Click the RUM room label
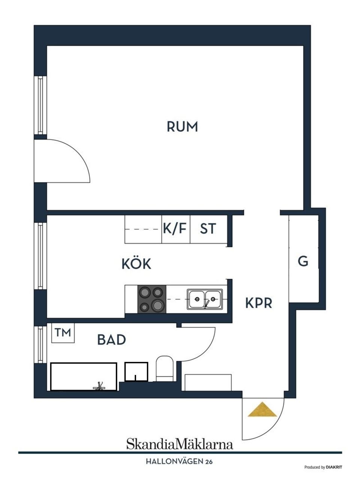coord(182,127)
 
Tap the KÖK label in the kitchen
coord(136,264)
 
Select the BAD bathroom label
coord(111,340)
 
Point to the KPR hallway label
coord(258,303)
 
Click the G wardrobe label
coord(303,261)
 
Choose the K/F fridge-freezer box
coord(175,229)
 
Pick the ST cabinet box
coord(208,229)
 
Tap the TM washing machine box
coord(63,333)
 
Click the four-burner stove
coord(152,299)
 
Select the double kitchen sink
coord(205,300)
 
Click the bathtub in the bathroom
coord(84,377)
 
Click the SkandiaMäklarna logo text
coord(179,444)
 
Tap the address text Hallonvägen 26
coord(179,462)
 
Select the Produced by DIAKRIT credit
coord(323,467)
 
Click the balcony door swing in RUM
coord(62,161)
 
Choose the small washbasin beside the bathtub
coord(136,372)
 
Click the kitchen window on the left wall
coord(40,256)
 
